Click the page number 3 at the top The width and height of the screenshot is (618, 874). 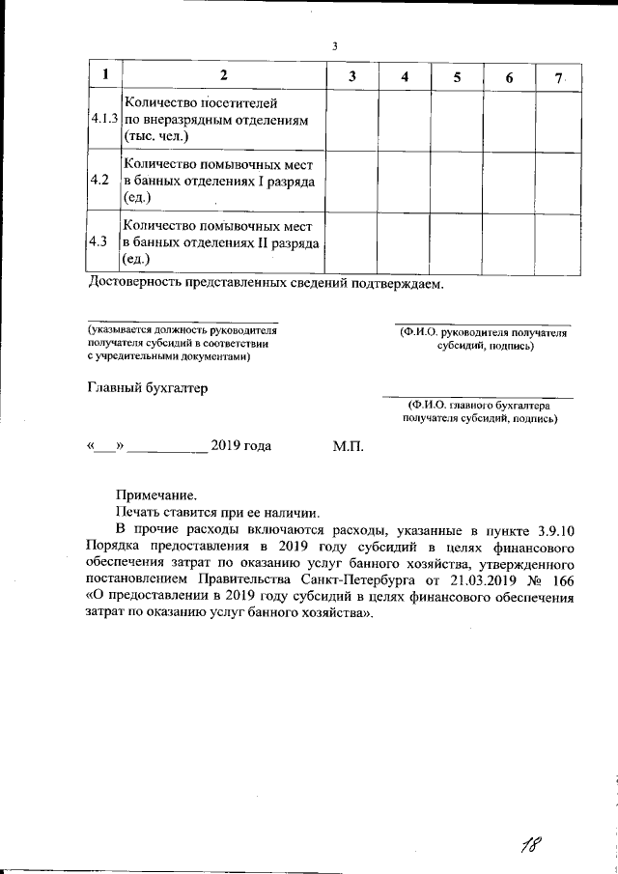point(334,45)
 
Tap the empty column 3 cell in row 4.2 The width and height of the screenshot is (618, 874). point(351,181)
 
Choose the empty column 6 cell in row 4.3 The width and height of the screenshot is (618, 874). point(508,241)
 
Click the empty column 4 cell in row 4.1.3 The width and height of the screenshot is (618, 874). point(404,120)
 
